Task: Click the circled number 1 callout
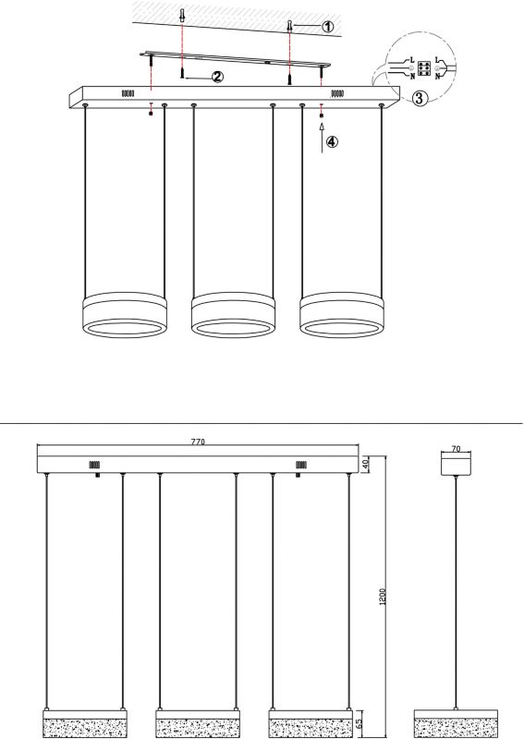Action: (327, 27)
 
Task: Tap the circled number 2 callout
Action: (217, 77)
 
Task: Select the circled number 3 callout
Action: (420, 99)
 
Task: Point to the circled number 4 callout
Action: (332, 141)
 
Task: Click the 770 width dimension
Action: (198, 442)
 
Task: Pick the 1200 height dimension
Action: (383, 596)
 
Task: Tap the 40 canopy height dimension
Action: (364, 465)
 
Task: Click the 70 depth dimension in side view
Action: (456, 449)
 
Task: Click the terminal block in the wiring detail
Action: (423, 68)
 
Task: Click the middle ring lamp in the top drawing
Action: (233, 315)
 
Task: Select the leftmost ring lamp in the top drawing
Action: (125, 315)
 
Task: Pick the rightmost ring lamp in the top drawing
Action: (341, 315)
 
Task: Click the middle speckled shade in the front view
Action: (198, 728)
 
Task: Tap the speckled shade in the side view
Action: (456, 728)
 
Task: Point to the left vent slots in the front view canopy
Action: (94, 466)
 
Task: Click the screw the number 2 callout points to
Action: (181, 73)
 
